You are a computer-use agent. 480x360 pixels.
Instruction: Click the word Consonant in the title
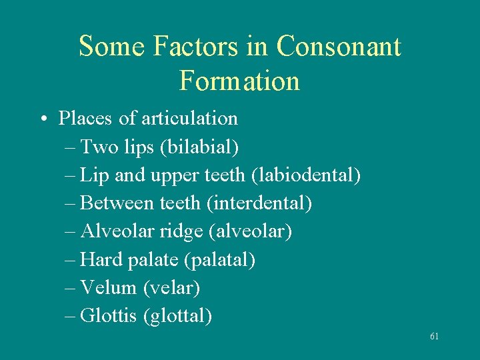[x=338, y=47]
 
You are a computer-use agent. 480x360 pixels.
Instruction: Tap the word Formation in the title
[x=239, y=81]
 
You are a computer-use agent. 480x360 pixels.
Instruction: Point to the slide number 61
[x=434, y=337]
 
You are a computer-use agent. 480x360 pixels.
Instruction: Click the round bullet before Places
[x=43, y=119]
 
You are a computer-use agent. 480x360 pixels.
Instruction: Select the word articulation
[x=198, y=119]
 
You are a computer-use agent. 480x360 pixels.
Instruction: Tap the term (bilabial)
[x=200, y=147]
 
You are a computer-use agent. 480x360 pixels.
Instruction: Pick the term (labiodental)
[x=306, y=175]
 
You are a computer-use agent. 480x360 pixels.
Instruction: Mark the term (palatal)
[x=223, y=259]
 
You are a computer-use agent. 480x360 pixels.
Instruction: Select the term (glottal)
[x=177, y=315]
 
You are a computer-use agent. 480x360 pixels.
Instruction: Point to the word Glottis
[x=109, y=315]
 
